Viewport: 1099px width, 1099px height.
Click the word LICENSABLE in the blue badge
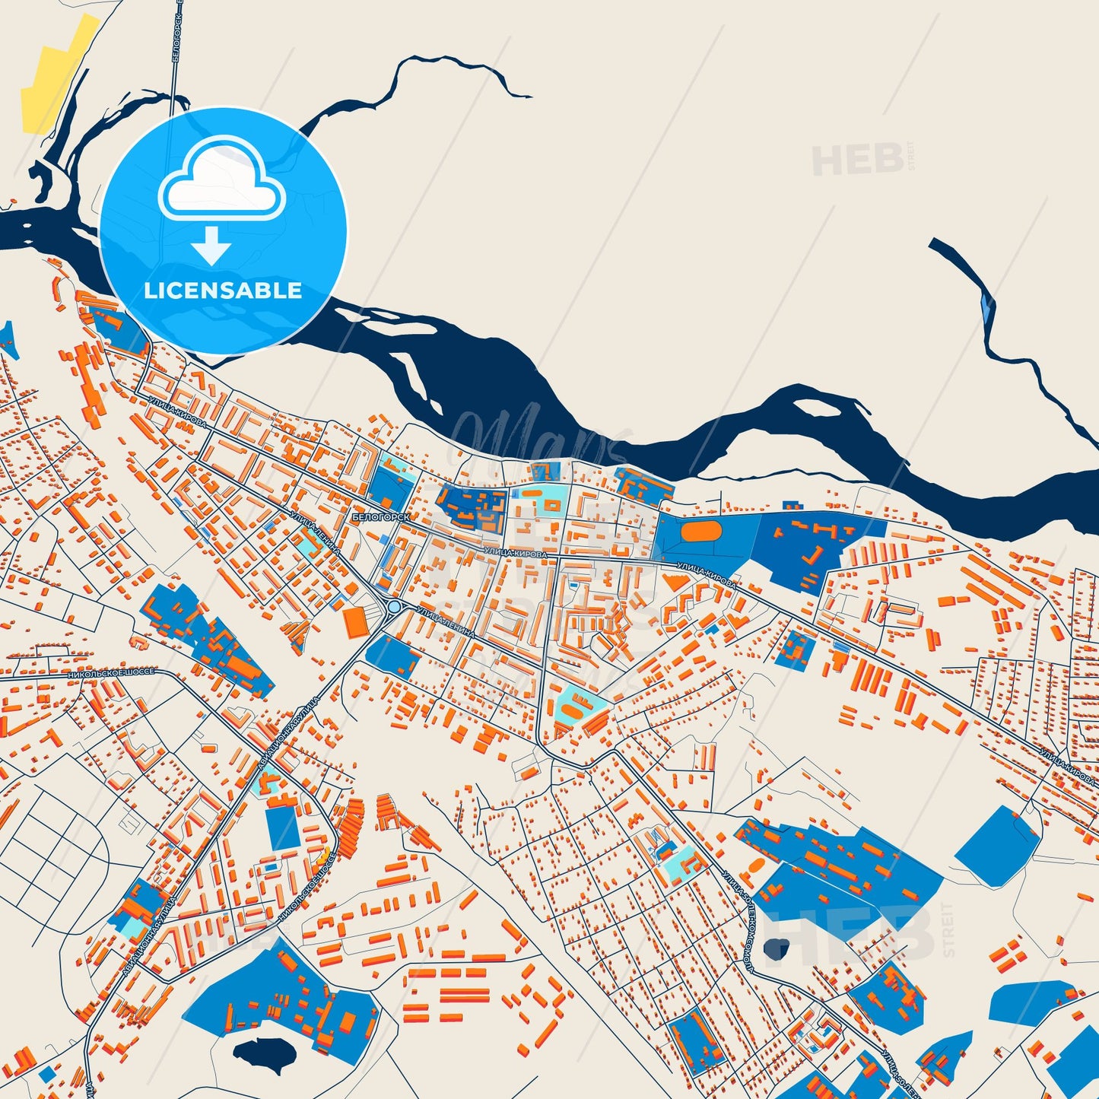[223, 291]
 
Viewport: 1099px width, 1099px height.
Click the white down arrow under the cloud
[211, 246]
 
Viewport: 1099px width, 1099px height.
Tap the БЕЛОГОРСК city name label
[380, 517]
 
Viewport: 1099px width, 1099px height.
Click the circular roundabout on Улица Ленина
[395, 607]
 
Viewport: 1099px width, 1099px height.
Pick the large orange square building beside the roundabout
[354, 622]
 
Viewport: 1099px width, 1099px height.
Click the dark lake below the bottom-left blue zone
[264, 1053]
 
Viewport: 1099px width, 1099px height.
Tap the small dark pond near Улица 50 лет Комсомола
[777, 948]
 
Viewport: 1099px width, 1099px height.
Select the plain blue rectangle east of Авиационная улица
[282, 827]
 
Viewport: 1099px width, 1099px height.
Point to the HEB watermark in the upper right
[858, 160]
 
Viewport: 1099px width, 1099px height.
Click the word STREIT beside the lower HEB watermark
[948, 929]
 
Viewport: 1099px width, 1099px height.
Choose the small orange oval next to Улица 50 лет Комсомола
[758, 866]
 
